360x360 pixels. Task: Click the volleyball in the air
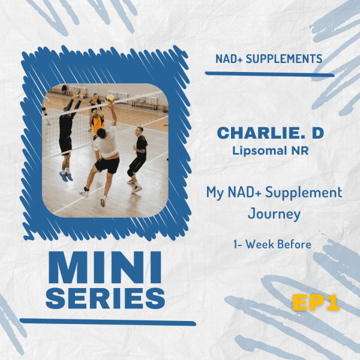click(110, 98)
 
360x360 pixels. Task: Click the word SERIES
click(106, 298)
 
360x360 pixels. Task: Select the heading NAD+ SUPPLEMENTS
click(269, 59)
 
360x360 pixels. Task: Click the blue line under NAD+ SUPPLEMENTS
click(269, 74)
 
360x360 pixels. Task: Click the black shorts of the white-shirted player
click(107, 165)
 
